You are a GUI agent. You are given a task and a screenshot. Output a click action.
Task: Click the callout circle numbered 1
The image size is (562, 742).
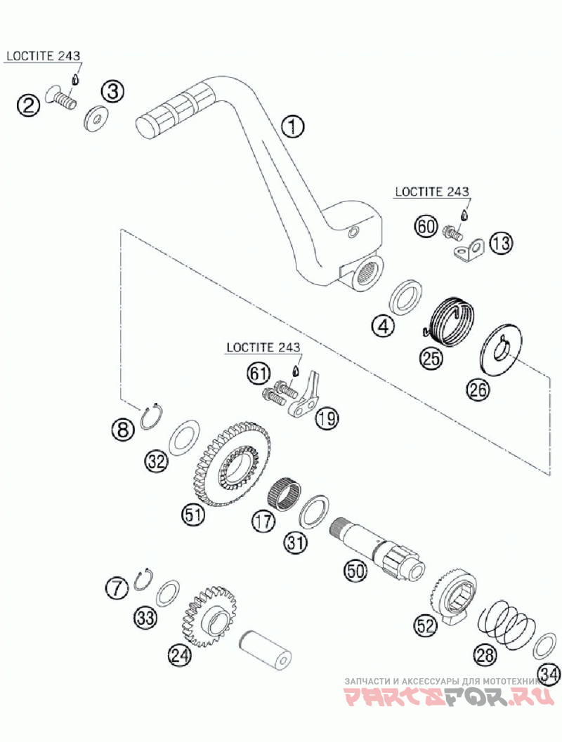coord(292,126)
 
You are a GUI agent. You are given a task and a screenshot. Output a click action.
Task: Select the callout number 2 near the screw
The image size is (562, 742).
coord(28,106)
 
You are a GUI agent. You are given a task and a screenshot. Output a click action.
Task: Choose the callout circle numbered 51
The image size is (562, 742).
coord(193,515)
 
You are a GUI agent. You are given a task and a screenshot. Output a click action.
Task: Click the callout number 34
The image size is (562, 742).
coord(551,675)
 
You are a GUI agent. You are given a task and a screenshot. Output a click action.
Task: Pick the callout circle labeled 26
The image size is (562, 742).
coord(478,390)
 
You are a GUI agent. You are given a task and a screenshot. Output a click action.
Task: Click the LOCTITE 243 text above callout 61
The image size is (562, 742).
coord(263,347)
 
